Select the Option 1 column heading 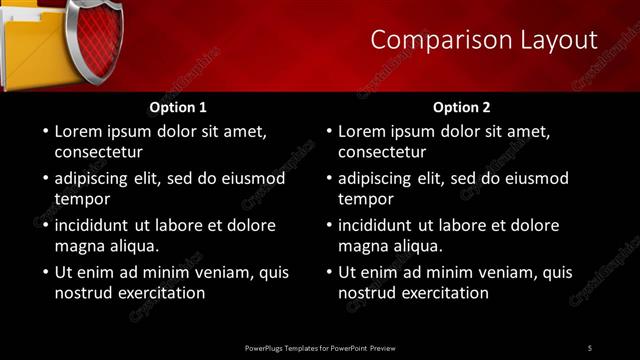click(x=178, y=107)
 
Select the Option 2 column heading click(x=461, y=107)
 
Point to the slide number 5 click(x=590, y=348)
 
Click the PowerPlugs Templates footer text click(x=320, y=348)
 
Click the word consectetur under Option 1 click(x=98, y=153)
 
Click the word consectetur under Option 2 click(x=382, y=153)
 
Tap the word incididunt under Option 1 click(x=96, y=225)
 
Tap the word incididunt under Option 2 click(x=380, y=225)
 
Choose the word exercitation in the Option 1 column click(x=159, y=293)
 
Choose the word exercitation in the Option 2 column click(x=443, y=293)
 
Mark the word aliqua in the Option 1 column click(x=133, y=246)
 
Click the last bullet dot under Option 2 click(x=329, y=272)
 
